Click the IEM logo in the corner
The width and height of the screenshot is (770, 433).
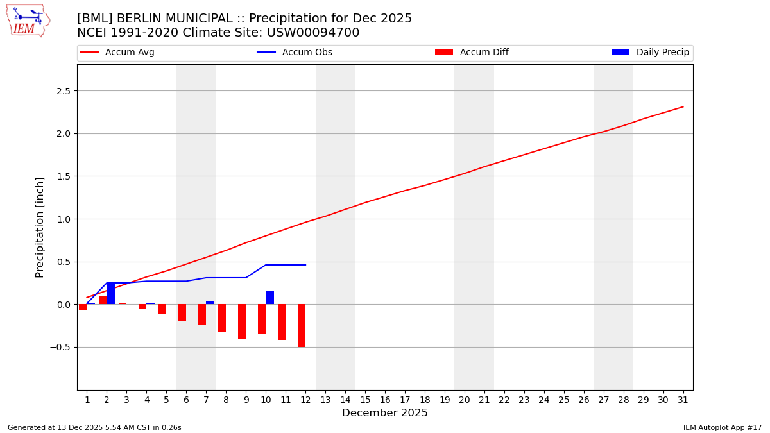pos(28,21)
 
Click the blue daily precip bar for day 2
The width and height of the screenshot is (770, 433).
pos(110,293)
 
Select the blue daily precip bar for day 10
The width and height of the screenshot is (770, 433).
pos(269,298)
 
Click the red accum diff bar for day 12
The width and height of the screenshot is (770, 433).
pos(302,325)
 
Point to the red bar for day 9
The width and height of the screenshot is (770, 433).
pos(242,321)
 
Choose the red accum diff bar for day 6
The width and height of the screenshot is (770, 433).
pos(182,312)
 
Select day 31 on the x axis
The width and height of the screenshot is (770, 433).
pos(683,400)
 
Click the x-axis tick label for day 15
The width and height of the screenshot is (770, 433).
pos(365,400)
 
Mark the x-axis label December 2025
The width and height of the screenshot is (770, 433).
pos(384,413)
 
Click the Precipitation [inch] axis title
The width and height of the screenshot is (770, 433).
pos(40,227)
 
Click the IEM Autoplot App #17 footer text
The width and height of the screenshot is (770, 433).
pos(722,427)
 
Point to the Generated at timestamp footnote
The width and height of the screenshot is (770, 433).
pos(94,427)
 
